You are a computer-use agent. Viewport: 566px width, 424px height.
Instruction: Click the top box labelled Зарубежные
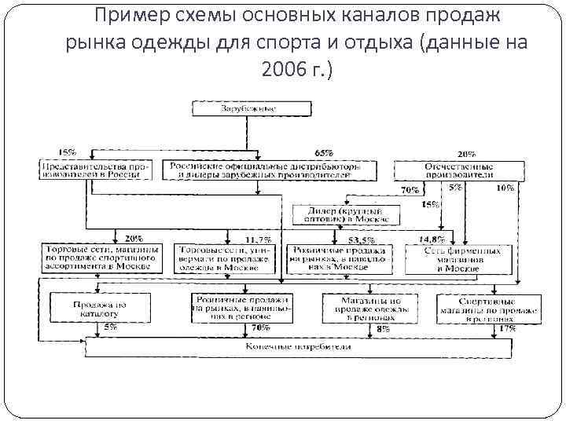coord(247,108)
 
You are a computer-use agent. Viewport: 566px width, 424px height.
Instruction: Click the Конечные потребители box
coord(298,346)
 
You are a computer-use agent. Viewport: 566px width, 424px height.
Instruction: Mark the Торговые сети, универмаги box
coord(225,258)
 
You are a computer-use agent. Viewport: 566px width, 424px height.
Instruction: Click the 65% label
coord(323,152)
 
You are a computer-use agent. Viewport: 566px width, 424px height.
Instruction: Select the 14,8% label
coord(432,239)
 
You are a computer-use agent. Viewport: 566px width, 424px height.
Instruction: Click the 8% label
coord(383,329)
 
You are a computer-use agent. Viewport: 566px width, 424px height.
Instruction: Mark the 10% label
coord(505,188)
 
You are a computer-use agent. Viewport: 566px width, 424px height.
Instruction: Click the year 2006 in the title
coord(282,70)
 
